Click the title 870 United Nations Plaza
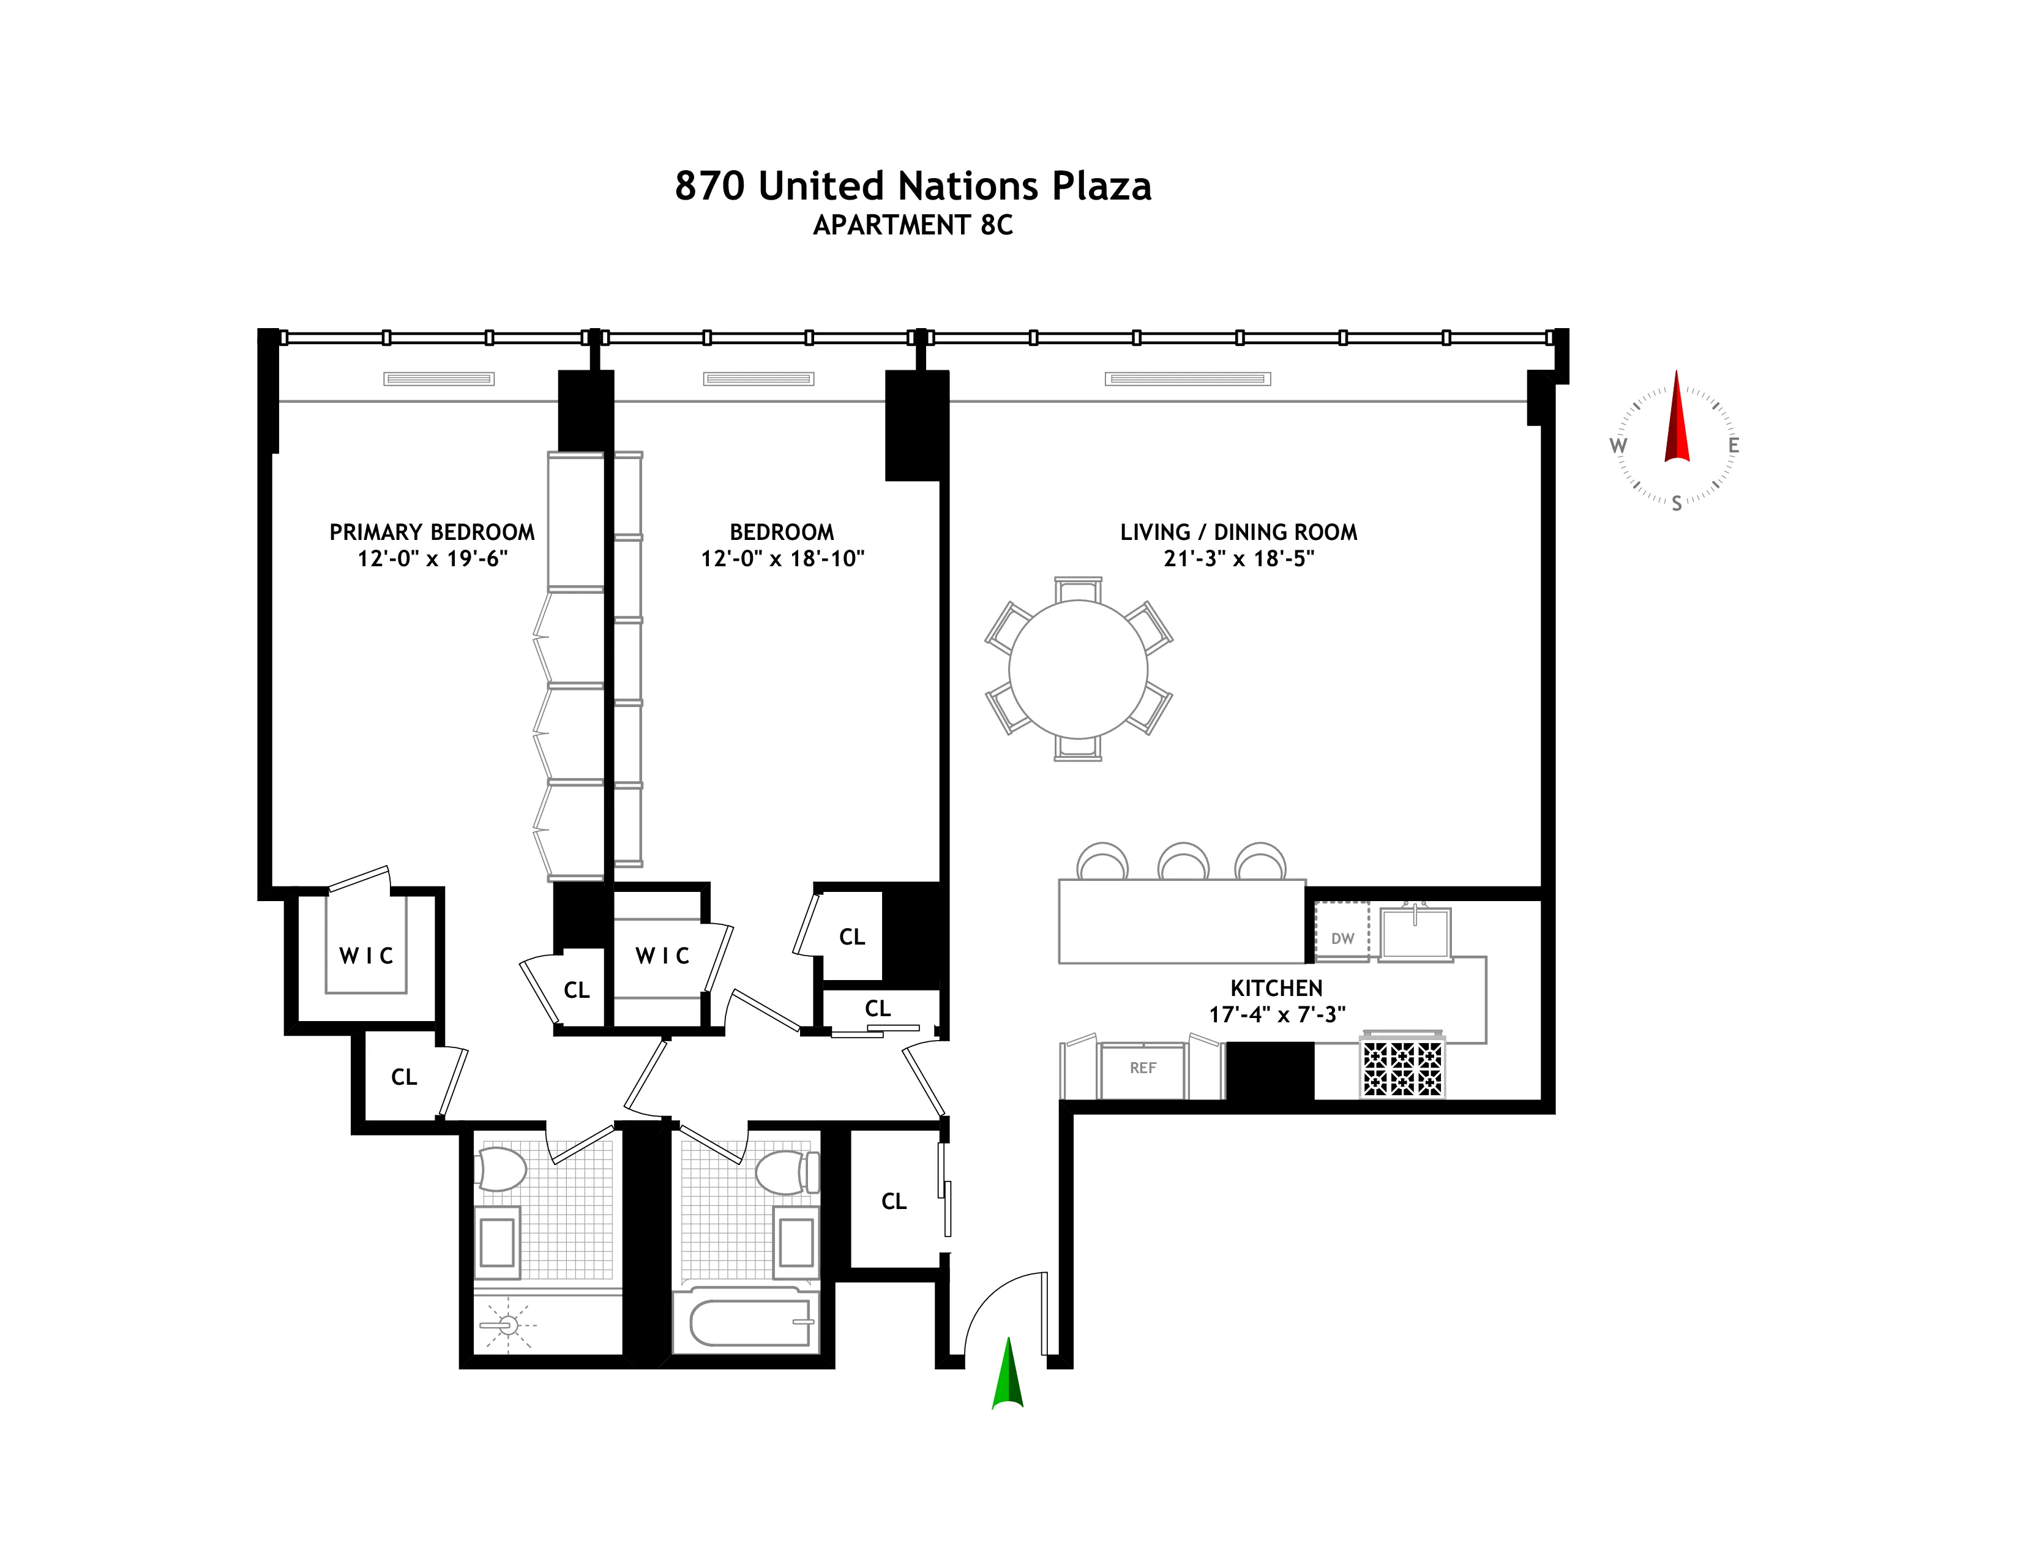pyautogui.click(x=912, y=186)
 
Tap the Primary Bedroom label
pyautogui.click(x=432, y=532)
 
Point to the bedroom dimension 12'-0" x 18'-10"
pyautogui.click(x=782, y=558)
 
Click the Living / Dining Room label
pyautogui.click(x=1238, y=532)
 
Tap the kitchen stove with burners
pyautogui.click(x=1402, y=1068)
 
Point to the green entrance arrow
pyautogui.click(x=1007, y=1375)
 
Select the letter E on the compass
pyautogui.click(x=1734, y=446)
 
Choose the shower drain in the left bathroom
pyautogui.click(x=507, y=1326)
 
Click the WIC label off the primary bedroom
pyautogui.click(x=366, y=956)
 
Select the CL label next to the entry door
pyautogui.click(x=894, y=1201)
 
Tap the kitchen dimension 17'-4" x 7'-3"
pyautogui.click(x=1276, y=1014)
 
